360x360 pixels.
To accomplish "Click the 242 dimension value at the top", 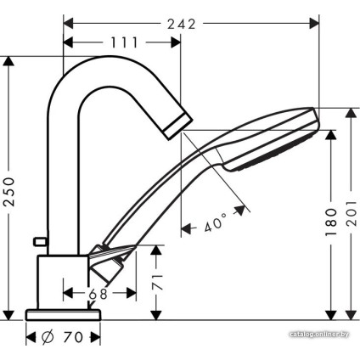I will [183, 24].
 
